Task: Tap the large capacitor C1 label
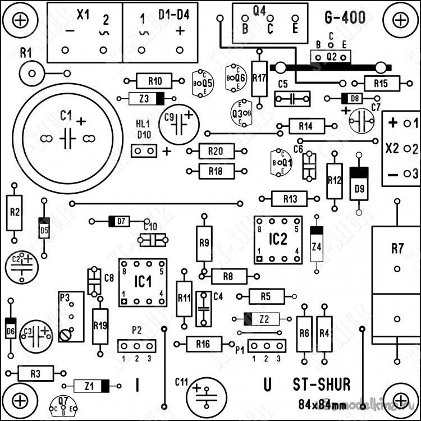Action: (66, 116)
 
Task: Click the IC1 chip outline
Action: (143, 282)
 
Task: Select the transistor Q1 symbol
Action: (281, 162)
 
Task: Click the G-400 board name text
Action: (345, 18)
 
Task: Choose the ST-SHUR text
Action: (322, 385)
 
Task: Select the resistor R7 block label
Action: (397, 248)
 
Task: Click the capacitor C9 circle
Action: (179, 125)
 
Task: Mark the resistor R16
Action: (203, 344)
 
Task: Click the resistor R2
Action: (15, 212)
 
